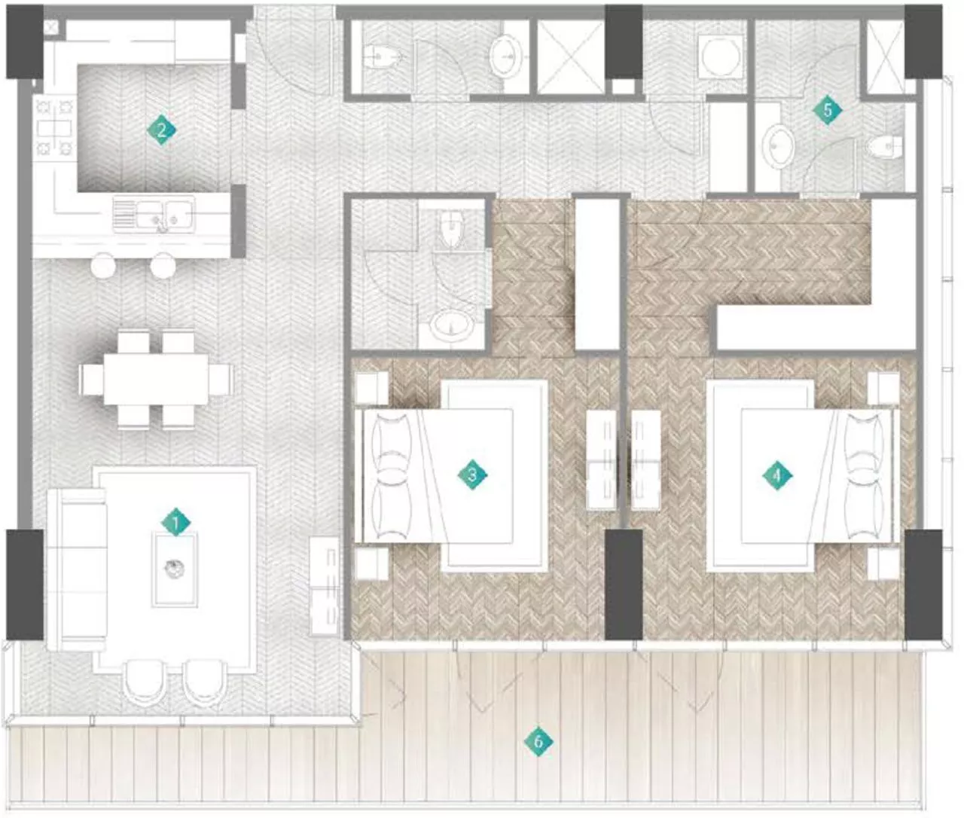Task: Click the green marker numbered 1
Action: (x=175, y=521)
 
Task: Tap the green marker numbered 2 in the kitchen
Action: (x=161, y=130)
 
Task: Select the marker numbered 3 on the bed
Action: (x=472, y=475)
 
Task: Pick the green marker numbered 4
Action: (x=776, y=475)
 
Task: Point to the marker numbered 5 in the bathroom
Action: (x=827, y=110)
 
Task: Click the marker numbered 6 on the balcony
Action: (x=538, y=741)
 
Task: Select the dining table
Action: (x=156, y=379)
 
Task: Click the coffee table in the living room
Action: (x=175, y=569)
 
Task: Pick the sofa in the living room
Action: (x=75, y=569)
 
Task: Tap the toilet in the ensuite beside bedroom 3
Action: (x=451, y=229)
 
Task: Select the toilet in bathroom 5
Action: (x=883, y=146)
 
